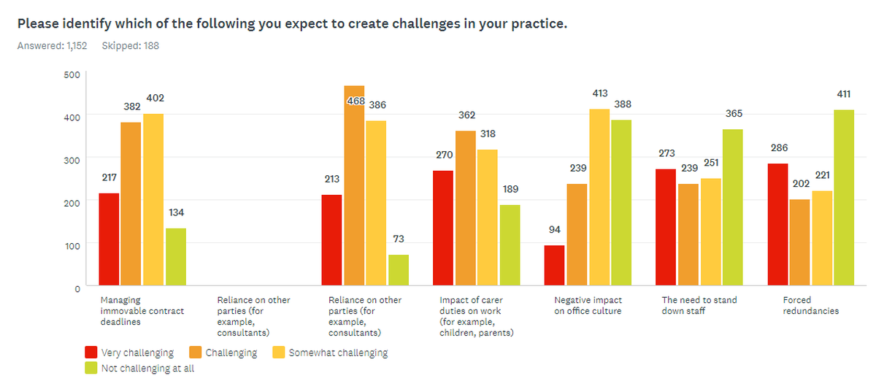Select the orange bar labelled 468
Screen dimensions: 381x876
(x=354, y=185)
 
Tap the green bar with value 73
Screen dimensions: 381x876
(x=399, y=269)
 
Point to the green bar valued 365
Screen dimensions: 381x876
(x=733, y=207)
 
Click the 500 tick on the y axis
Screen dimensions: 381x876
(x=72, y=74)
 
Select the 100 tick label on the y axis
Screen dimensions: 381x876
(x=72, y=245)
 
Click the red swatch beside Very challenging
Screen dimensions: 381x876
(x=91, y=353)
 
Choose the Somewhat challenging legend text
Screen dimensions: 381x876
(x=338, y=353)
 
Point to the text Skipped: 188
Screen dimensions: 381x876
(x=130, y=46)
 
